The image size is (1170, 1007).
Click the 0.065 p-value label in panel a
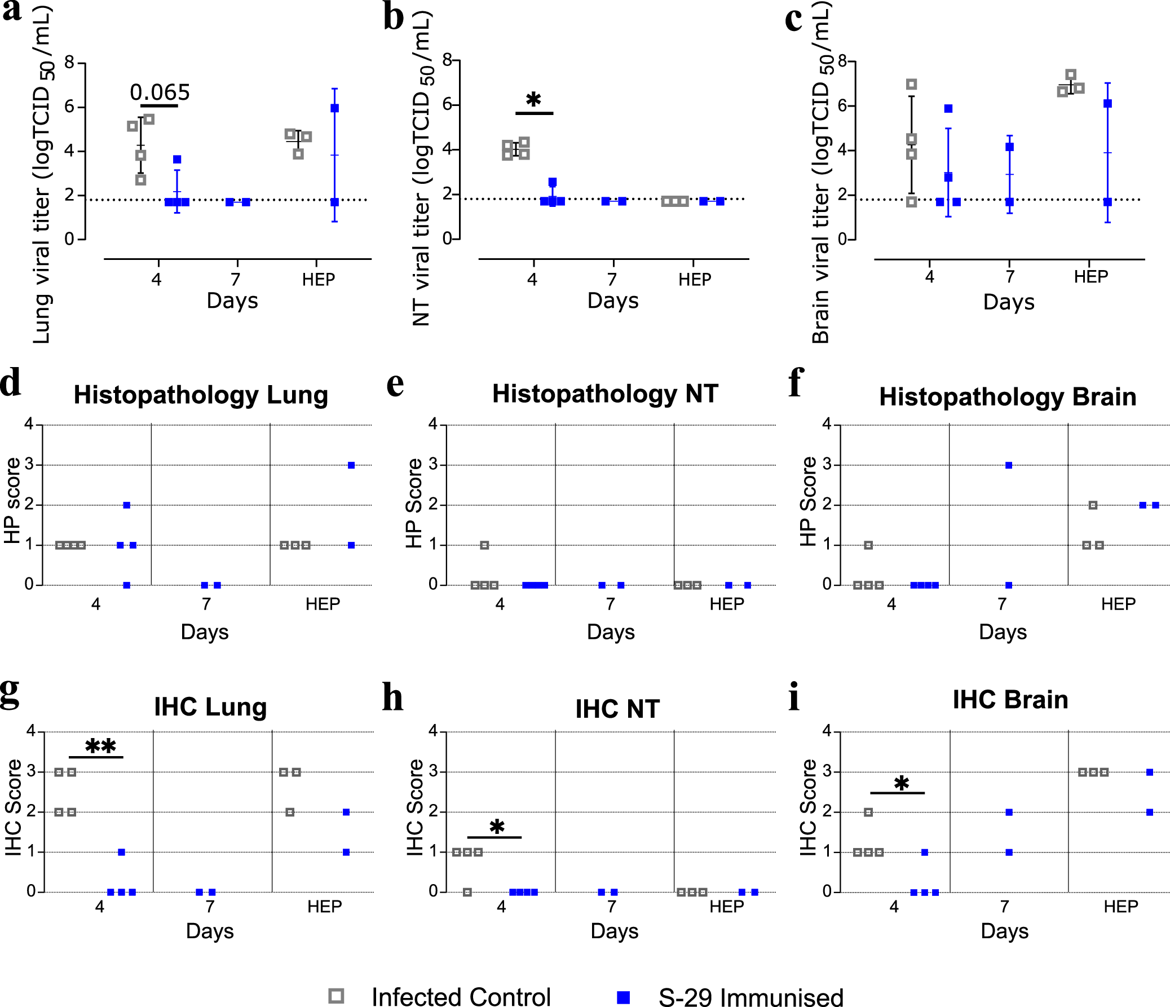click(x=160, y=92)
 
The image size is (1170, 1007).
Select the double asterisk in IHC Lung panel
click(x=100, y=747)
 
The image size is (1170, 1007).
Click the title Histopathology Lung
click(x=201, y=395)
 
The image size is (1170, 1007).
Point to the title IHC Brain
click(x=1010, y=699)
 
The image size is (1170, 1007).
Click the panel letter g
click(x=10, y=694)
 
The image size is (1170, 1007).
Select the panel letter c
click(x=793, y=20)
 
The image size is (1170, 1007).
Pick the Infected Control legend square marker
click(x=337, y=996)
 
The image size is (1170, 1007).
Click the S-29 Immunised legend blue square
click(x=624, y=997)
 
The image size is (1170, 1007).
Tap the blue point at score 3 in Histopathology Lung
click(x=351, y=465)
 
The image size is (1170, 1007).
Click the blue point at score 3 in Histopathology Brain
click(x=1009, y=465)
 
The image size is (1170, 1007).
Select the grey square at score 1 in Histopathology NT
click(x=484, y=545)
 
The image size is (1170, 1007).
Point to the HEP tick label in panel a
click(x=318, y=280)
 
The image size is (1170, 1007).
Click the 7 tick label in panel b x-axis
click(x=612, y=280)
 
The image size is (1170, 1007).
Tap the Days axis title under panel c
click(x=1009, y=302)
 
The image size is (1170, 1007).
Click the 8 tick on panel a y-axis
click(x=69, y=63)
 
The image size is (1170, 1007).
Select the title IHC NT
click(x=617, y=709)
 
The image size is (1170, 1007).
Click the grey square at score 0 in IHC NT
click(x=467, y=893)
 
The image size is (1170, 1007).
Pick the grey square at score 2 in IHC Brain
click(x=868, y=812)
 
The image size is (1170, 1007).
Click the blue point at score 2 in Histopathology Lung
click(x=126, y=505)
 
